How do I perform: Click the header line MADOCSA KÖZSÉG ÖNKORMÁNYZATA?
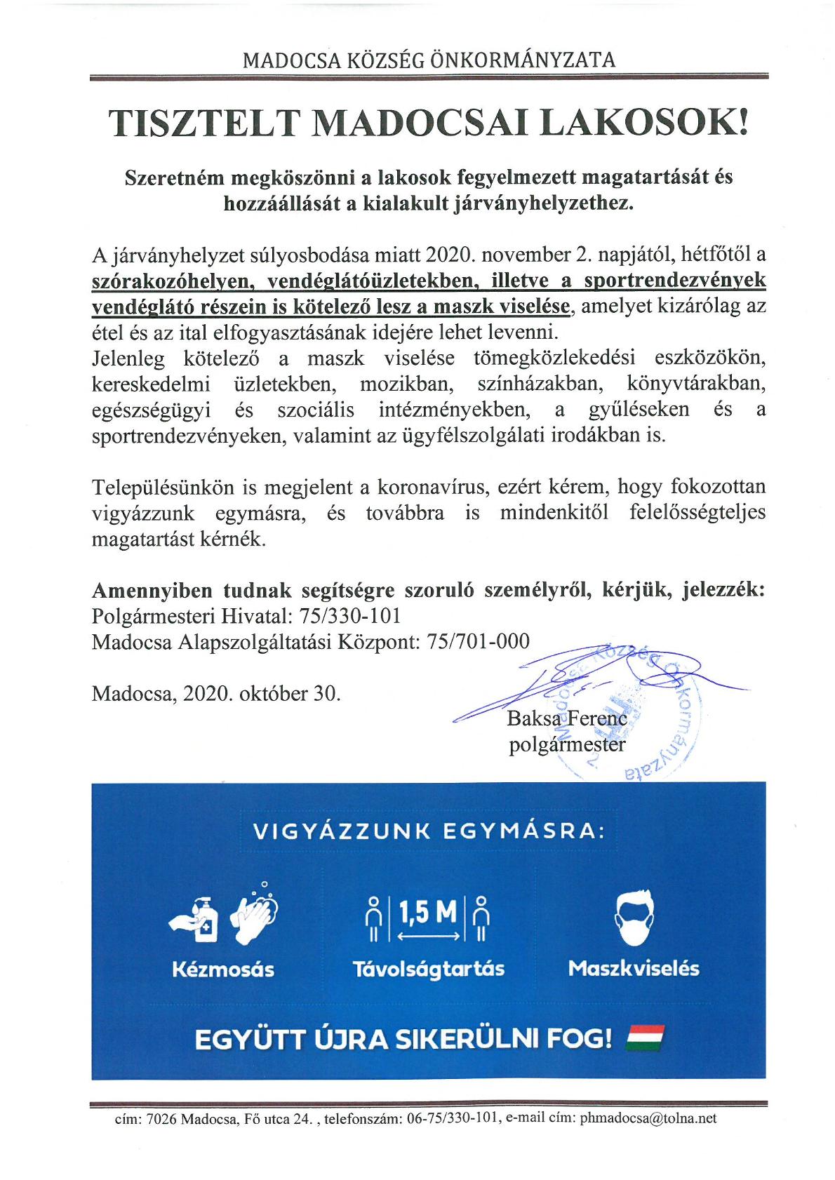(429, 60)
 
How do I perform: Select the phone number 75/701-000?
(479, 641)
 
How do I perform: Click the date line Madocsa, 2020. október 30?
(216, 693)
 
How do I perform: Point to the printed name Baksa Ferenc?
(566, 718)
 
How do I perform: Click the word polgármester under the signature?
(566, 744)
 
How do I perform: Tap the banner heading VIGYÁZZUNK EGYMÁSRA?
(429, 832)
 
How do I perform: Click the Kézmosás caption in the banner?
(223, 970)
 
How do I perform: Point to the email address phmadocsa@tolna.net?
(648, 1118)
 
